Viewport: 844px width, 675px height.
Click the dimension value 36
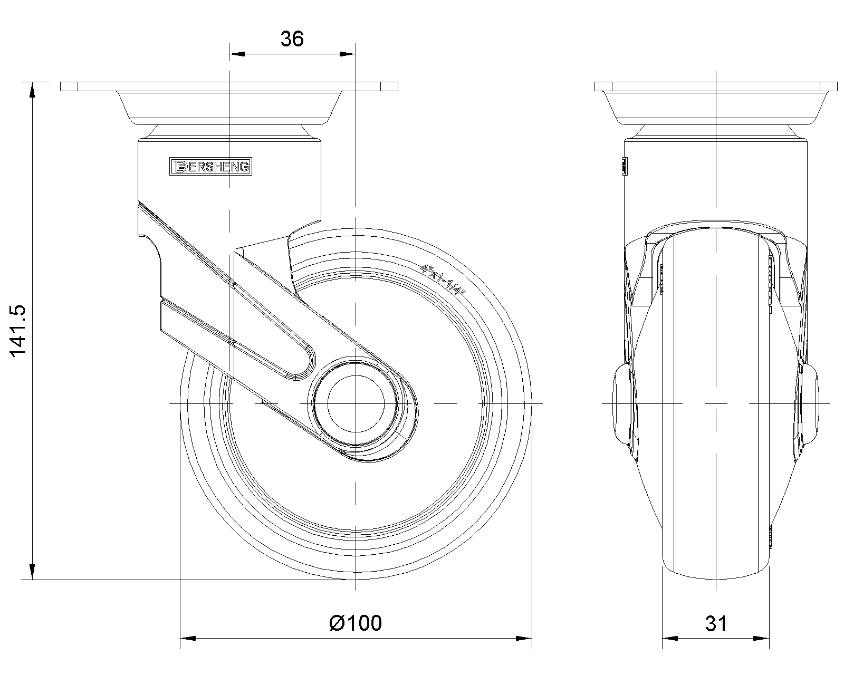pyautogui.click(x=292, y=39)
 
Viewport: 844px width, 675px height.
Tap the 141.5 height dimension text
pyautogui.click(x=18, y=331)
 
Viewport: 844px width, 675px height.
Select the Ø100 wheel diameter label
pyautogui.click(x=356, y=623)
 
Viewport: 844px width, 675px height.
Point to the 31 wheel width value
pyautogui.click(x=716, y=623)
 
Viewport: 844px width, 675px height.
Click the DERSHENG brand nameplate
pyautogui.click(x=210, y=167)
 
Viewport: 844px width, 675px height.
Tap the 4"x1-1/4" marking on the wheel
pyautogui.click(x=443, y=280)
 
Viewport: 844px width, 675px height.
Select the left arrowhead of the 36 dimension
pyautogui.click(x=237, y=54)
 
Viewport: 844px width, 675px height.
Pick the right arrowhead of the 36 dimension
pyautogui.click(x=348, y=54)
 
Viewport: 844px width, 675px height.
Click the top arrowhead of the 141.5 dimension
pyautogui.click(x=32, y=90)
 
